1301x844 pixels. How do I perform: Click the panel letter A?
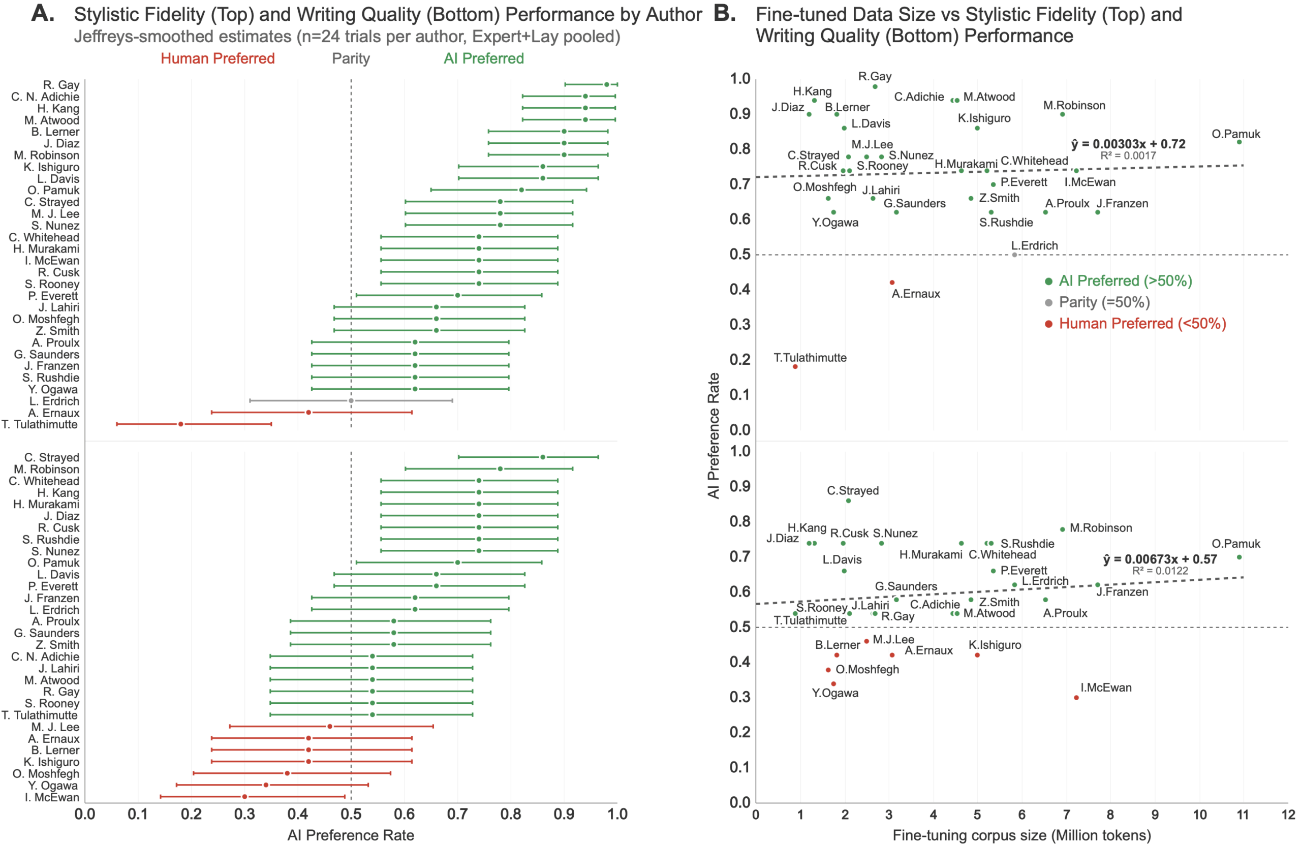point(43,13)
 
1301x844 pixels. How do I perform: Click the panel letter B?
point(724,13)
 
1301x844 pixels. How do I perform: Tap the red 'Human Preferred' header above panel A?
point(218,58)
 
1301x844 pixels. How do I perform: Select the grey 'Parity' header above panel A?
point(351,58)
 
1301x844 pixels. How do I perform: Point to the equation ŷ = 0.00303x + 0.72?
point(1128,144)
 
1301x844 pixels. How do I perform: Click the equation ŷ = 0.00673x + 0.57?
point(1159,559)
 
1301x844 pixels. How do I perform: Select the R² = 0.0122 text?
point(1159,571)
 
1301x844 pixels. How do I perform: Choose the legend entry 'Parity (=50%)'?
point(1104,302)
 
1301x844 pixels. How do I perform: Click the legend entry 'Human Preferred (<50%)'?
point(1142,324)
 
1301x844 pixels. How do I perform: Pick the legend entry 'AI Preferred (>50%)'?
point(1125,281)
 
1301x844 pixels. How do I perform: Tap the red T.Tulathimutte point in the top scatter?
point(795,367)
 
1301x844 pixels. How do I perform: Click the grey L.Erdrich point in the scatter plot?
point(1014,255)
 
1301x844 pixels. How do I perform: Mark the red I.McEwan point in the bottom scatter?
point(1076,698)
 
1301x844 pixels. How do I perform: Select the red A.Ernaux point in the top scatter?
point(892,283)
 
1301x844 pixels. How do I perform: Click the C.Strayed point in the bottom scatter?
point(848,501)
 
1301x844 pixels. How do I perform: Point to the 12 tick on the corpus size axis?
point(1288,815)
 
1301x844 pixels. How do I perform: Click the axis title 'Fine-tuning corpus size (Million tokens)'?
point(1021,835)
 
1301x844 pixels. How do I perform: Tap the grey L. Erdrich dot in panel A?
point(351,401)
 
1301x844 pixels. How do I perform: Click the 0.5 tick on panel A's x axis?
point(351,815)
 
